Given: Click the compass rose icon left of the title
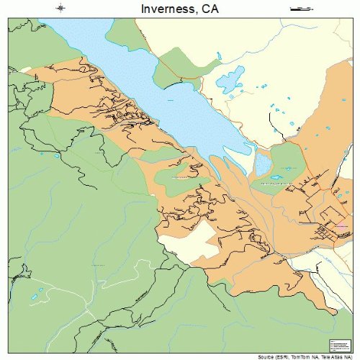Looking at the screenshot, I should [x=60, y=8].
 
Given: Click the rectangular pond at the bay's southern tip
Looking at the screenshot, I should [x=263, y=168].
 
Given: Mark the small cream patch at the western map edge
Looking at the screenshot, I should [x=27, y=69].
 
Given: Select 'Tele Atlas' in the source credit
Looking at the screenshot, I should [x=335, y=356].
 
